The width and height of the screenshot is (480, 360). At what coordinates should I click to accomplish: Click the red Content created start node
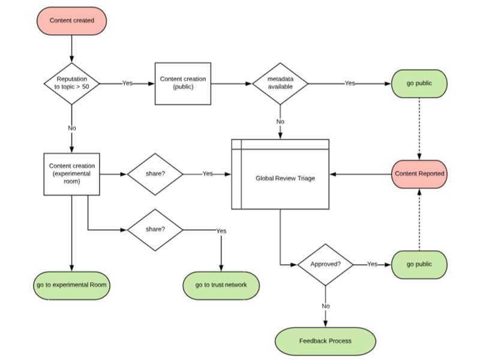tap(72, 20)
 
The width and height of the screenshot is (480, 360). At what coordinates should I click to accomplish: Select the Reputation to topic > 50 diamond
tap(72, 83)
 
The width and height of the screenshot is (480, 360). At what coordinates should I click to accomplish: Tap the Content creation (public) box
tap(183, 83)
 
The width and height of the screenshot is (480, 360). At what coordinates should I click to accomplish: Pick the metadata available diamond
tap(280, 83)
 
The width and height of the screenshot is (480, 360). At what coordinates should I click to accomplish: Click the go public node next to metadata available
tap(419, 83)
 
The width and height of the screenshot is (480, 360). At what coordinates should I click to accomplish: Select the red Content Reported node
tap(419, 174)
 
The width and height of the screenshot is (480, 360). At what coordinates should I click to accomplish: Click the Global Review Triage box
tap(281, 178)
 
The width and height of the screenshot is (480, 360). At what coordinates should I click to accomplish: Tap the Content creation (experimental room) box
tap(72, 174)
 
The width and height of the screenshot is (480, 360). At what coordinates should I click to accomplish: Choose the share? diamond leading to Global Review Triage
tap(155, 174)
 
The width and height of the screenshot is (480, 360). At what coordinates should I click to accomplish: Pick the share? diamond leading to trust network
tap(155, 230)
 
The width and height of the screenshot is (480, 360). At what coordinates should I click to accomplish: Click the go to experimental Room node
tap(72, 284)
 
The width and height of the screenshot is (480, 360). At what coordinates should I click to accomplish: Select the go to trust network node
tap(221, 284)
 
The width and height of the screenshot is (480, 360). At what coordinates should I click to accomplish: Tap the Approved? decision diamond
tap(325, 265)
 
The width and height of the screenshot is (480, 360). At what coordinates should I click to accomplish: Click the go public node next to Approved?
tap(419, 265)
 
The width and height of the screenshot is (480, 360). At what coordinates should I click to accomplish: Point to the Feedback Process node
tap(325, 341)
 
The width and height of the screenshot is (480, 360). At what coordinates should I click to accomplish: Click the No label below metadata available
tap(280, 122)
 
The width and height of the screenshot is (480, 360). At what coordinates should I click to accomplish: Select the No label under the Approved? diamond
tap(325, 306)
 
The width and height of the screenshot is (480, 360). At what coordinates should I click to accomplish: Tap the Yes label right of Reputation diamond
tap(127, 83)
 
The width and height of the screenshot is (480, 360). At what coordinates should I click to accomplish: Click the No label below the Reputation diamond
tap(72, 128)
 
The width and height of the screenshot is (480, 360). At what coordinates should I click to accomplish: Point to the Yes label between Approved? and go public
tap(372, 265)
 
